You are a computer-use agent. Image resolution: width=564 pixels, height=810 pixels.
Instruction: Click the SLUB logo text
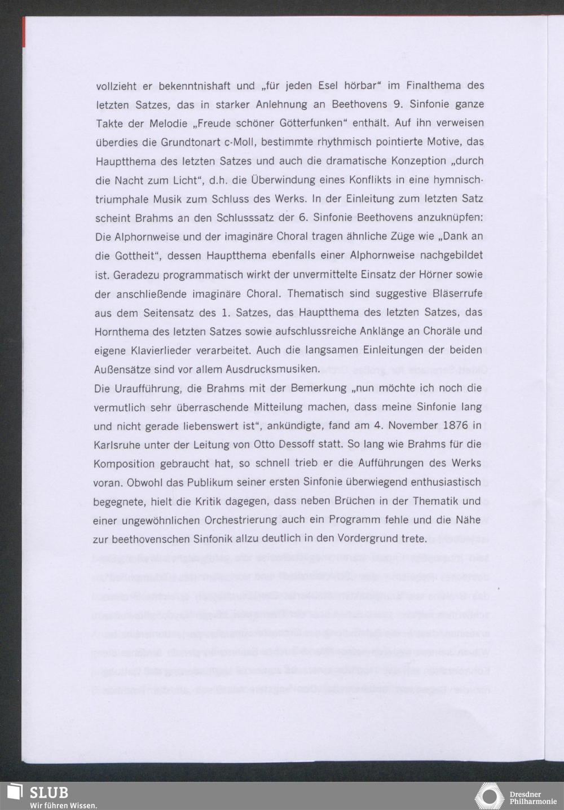49,792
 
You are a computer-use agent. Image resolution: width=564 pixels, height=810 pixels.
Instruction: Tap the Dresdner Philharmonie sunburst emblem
489,796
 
